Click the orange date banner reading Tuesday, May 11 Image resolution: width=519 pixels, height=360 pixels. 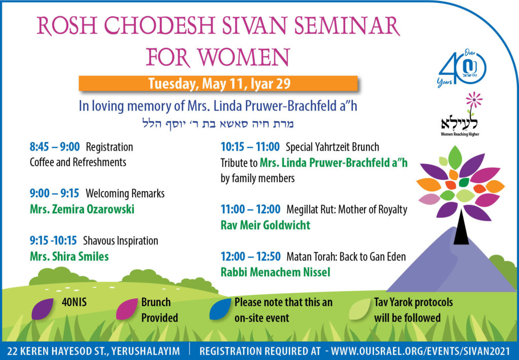click(x=218, y=84)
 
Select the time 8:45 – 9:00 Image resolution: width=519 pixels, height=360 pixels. click(x=55, y=147)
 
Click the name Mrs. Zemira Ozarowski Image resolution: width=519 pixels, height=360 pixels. click(x=82, y=209)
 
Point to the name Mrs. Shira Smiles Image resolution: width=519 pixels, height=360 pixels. click(x=69, y=256)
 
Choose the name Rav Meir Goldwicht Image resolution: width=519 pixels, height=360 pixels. click(x=265, y=225)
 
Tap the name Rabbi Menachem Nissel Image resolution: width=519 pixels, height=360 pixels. click(x=275, y=272)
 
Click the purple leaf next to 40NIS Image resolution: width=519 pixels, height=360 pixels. click(x=43, y=309)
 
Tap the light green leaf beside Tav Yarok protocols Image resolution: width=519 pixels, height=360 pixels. click(x=359, y=309)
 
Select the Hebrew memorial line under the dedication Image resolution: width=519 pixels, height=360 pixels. click(x=219, y=124)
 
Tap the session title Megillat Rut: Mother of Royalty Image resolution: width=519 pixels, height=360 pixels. click(x=347, y=209)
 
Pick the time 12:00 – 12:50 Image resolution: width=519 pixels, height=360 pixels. click(x=250, y=257)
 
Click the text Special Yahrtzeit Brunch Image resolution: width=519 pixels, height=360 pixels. click(x=332, y=147)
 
